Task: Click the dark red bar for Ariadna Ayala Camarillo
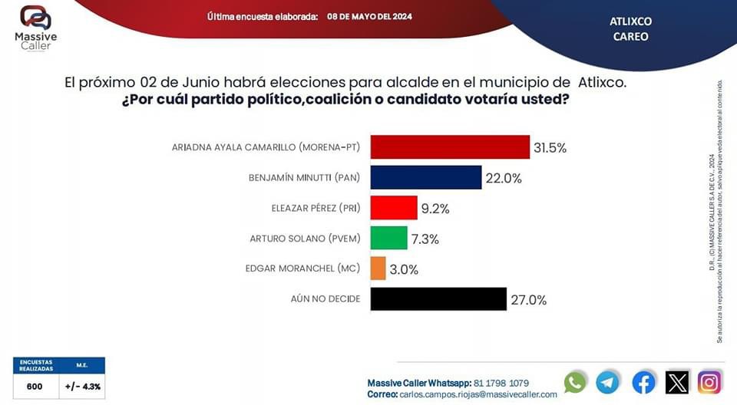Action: (450, 147)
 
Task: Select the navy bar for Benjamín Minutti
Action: (425, 177)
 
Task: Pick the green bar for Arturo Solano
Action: (388, 238)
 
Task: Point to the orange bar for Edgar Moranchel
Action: (378, 268)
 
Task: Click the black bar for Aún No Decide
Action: (438, 299)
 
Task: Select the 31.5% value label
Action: (550, 148)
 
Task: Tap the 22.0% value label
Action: (504, 178)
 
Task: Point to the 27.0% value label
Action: (529, 300)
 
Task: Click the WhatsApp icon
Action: (575, 381)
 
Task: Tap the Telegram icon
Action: (608, 381)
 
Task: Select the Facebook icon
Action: (643, 381)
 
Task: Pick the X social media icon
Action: (677, 381)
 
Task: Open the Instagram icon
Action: (709, 381)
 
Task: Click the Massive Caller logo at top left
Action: (35, 28)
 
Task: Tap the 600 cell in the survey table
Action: (35, 386)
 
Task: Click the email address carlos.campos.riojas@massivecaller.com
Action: (478, 394)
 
